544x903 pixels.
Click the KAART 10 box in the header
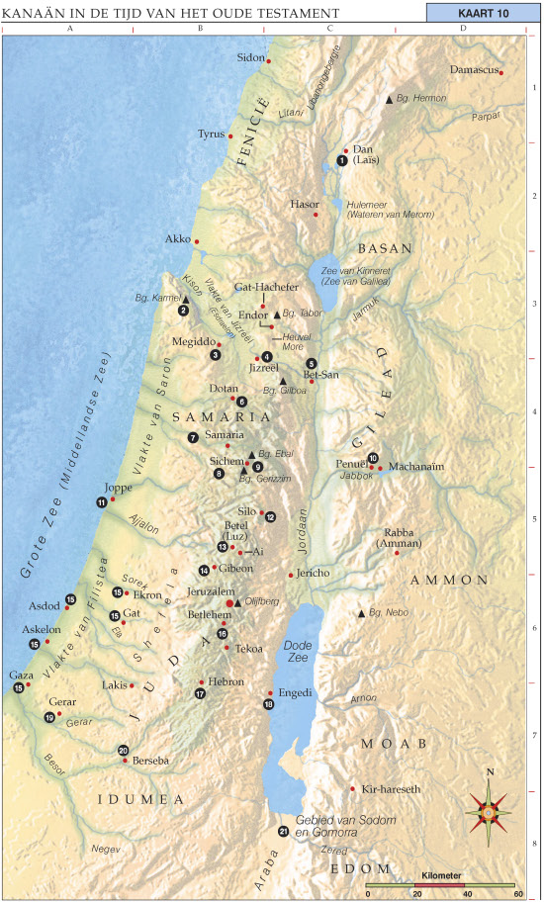point(482,12)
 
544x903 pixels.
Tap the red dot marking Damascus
point(501,72)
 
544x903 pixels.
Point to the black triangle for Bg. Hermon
point(389,101)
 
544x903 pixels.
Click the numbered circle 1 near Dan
point(341,159)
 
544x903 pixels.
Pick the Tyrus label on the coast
point(211,134)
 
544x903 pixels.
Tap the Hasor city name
point(305,204)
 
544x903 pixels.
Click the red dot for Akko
point(197,241)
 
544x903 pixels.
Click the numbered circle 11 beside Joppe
point(102,502)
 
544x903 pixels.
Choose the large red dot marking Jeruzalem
point(230,602)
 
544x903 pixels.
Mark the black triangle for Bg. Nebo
point(362,613)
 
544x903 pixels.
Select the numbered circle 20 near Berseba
point(124,750)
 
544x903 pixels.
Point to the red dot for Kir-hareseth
point(353,788)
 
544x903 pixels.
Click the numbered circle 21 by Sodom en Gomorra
point(283,831)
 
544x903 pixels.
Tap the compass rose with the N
point(489,809)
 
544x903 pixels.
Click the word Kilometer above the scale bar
point(440,876)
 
